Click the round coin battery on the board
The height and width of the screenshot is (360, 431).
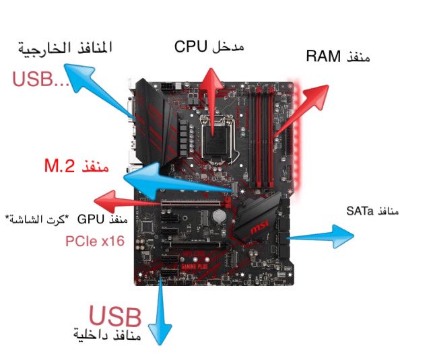[220, 217]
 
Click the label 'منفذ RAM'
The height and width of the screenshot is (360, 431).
[337, 57]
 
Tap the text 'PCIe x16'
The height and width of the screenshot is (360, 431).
[94, 240]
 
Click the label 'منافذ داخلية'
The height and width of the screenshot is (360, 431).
[108, 334]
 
